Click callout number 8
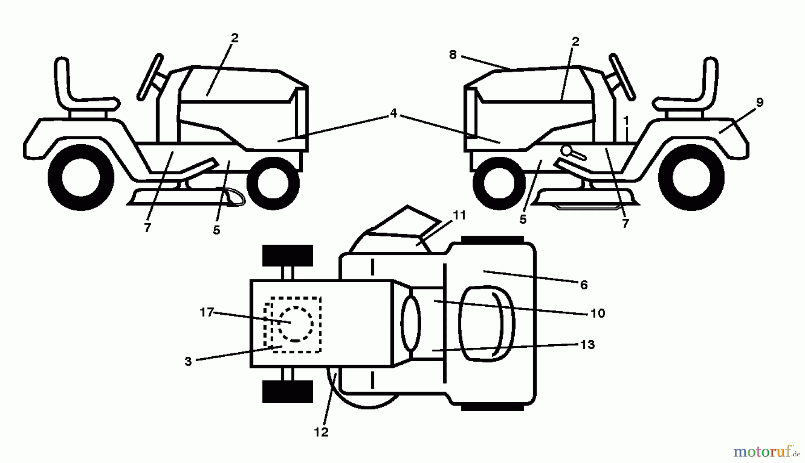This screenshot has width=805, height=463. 453,55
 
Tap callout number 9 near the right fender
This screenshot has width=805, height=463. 759,102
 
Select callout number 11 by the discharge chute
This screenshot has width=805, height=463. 459,215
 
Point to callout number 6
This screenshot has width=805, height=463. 584,285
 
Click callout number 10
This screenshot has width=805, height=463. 597,313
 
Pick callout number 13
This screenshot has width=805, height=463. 587,345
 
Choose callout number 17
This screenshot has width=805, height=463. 207,313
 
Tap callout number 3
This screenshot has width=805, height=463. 188,361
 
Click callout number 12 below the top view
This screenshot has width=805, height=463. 321,432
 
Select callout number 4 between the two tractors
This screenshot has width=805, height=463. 393,113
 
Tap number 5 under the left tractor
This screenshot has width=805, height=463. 216,230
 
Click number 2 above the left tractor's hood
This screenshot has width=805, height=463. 234,38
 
